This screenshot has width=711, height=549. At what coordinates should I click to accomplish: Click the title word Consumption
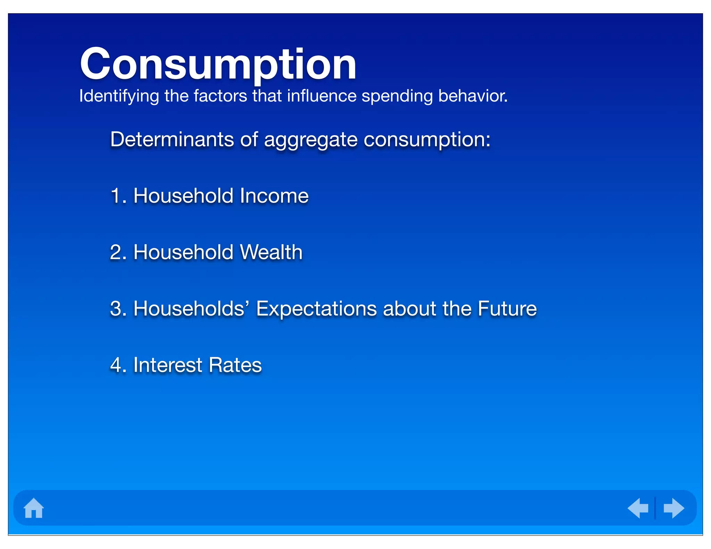click(x=218, y=65)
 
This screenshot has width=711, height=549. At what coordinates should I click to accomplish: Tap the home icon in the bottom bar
click(x=34, y=508)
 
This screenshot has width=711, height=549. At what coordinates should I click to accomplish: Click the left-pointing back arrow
click(x=638, y=508)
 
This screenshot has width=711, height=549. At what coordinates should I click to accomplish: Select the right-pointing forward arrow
click(x=674, y=508)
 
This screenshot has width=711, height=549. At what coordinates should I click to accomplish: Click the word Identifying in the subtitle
click(x=119, y=96)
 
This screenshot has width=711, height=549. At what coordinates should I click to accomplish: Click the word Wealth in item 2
click(x=271, y=252)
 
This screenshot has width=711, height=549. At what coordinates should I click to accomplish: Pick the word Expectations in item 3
click(x=316, y=309)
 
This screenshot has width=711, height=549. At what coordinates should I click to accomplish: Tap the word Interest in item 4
click(x=168, y=365)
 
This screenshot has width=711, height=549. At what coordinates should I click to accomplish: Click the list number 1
click(x=116, y=196)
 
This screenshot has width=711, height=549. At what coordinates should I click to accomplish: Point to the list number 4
click(x=116, y=365)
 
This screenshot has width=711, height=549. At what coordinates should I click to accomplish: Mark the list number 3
click(x=116, y=309)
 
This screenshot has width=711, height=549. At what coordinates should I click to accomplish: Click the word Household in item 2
click(x=183, y=252)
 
